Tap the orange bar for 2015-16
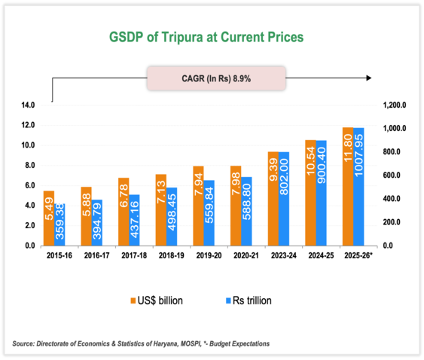point(49,218)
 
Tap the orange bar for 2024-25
point(309,193)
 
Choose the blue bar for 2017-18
point(135,220)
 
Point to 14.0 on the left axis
point(29,105)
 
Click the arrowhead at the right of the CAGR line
point(368,78)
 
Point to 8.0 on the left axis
point(30,165)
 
